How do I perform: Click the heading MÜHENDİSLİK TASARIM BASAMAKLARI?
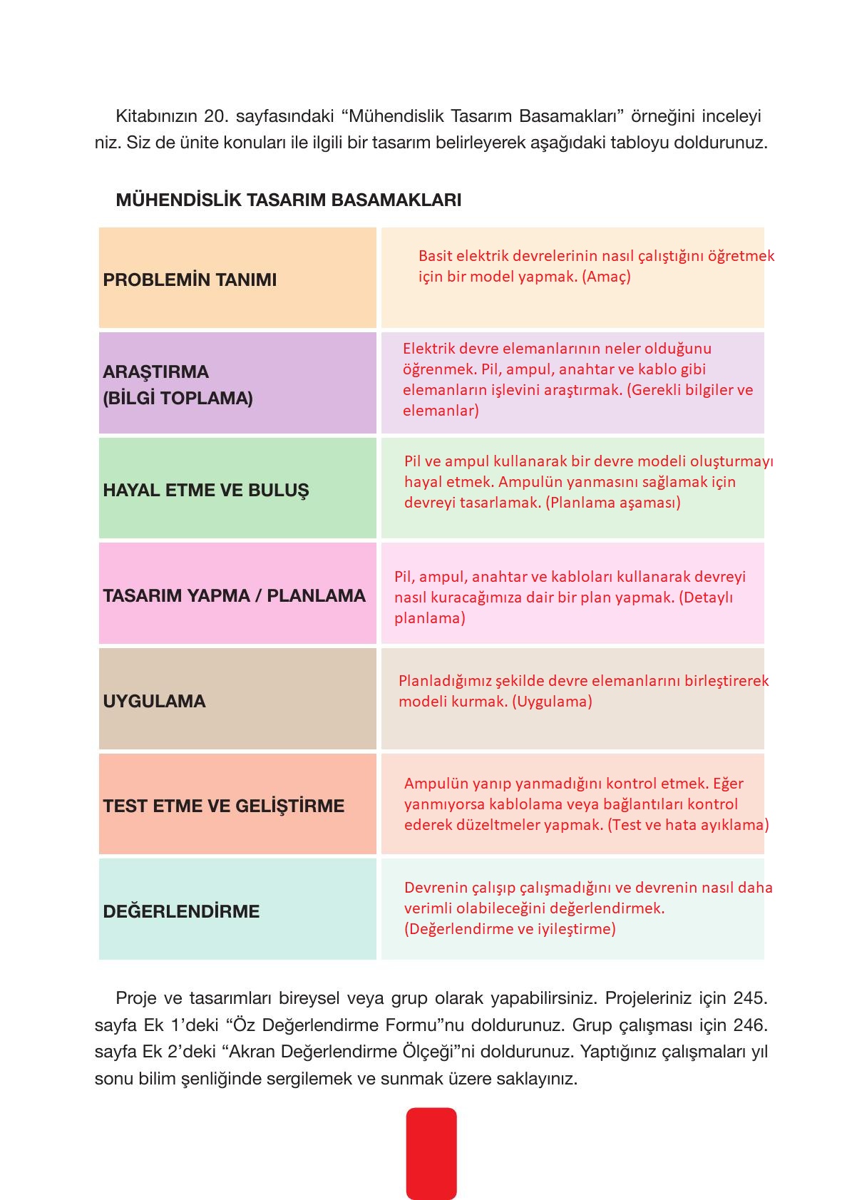click(x=288, y=200)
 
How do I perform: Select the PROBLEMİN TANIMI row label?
click(x=190, y=280)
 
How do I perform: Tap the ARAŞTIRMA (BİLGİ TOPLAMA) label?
click(x=178, y=385)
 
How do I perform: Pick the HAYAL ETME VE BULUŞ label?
click(x=206, y=491)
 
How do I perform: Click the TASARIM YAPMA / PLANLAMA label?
click(x=234, y=596)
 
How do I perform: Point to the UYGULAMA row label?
click(x=154, y=702)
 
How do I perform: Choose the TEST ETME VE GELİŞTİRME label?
click(x=223, y=806)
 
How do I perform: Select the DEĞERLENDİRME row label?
click(x=181, y=912)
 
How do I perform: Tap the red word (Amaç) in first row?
click(x=606, y=277)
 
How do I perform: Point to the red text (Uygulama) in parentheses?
click(x=554, y=702)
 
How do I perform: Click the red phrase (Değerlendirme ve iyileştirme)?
click(x=510, y=929)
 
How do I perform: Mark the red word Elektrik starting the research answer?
click(x=428, y=349)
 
